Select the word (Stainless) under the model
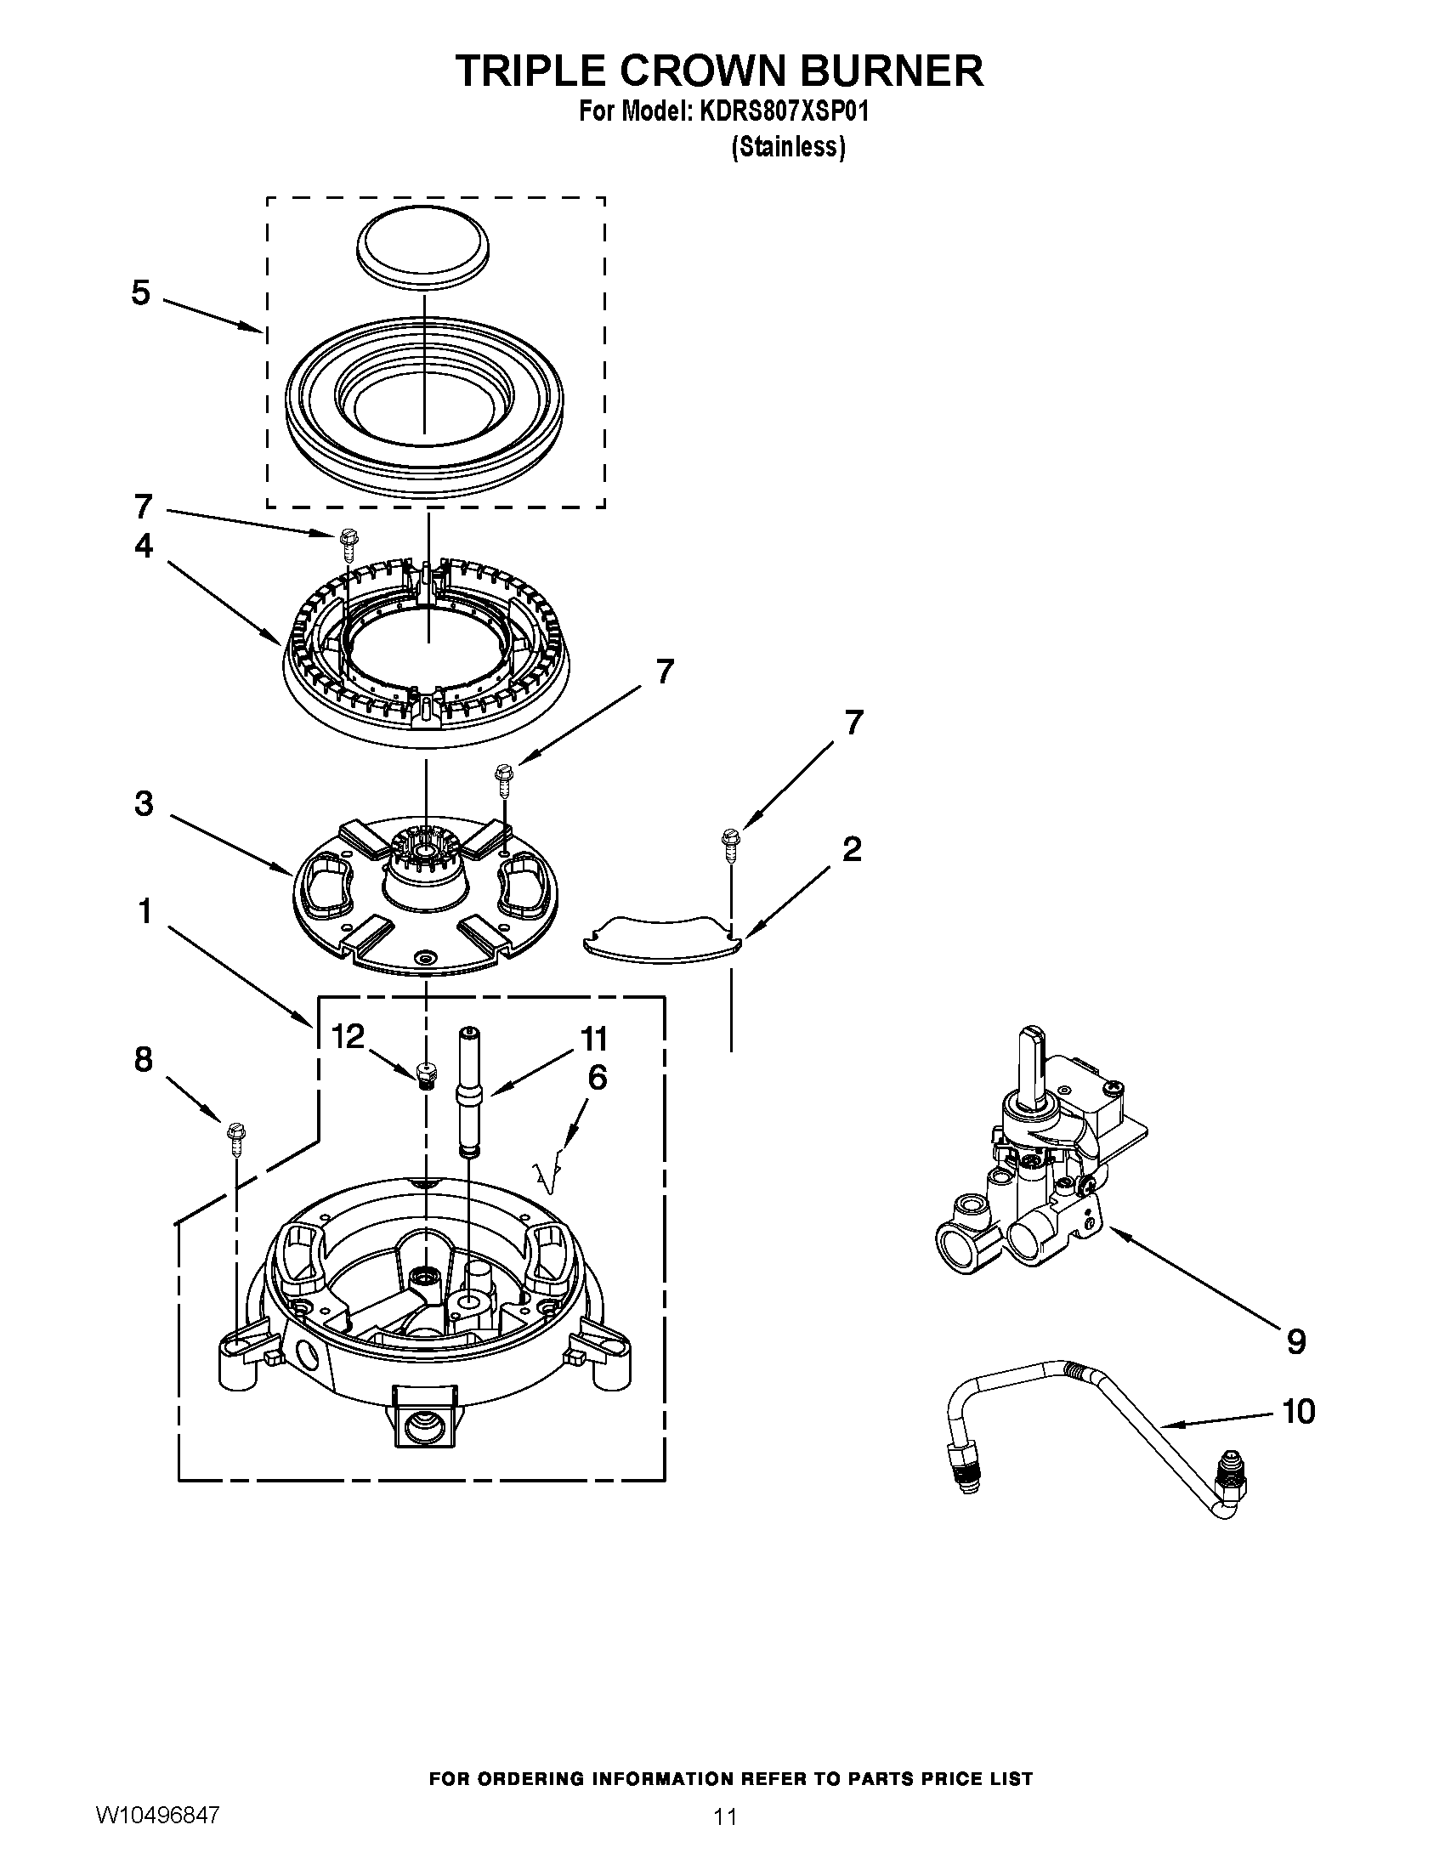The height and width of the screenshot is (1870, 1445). (x=788, y=147)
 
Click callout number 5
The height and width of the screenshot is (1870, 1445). (x=140, y=293)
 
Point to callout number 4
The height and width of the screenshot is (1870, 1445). (x=143, y=546)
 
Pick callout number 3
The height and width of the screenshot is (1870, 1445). (x=144, y=804)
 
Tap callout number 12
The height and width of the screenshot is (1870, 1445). (x=348, y=1037)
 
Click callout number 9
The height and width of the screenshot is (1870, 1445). (x=1296, y=1340)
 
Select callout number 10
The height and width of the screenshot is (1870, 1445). (x=1299, y=1411)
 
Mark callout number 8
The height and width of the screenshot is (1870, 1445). (x=143, y=1059)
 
